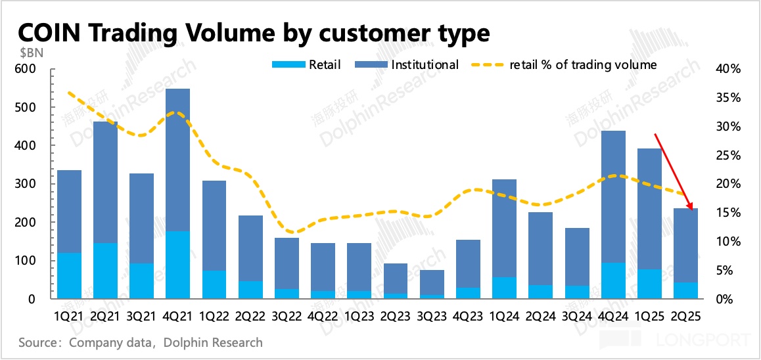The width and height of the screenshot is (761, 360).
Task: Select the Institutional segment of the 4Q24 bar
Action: click(x=614, y=197)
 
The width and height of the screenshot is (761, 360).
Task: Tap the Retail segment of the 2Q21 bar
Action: click(x=105, y=271)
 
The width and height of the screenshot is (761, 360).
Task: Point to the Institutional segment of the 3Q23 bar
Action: click(x=432, y=282)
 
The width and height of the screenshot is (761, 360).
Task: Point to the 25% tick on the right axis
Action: click(x=728, y=155)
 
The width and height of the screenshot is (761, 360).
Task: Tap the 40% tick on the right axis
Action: click(x=728, y=69)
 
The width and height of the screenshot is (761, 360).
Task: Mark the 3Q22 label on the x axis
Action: click(x=287, y=316)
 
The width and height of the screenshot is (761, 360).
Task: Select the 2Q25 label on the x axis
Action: click(x=687, y=316)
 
